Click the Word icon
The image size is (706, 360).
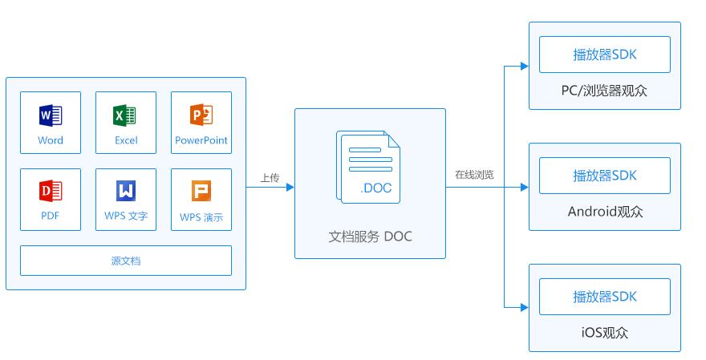tap(51, 116)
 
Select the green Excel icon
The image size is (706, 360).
tap(125, 116)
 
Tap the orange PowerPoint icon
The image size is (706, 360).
tap(201, 116)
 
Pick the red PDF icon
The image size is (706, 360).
tap(51, 192)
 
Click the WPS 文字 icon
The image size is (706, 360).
tap(126, 192)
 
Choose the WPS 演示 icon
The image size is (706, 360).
tap(201, 192)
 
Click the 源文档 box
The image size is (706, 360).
tap(126, 261)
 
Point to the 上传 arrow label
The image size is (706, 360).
tap(270, 178)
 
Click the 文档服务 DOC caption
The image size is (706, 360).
tap(370, 237)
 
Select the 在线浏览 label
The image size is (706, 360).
tap(474, 175)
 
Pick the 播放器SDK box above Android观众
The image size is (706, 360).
tap(604, 175)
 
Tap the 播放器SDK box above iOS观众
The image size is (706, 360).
tap(604, 296)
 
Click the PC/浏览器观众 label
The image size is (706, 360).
tap(604, 91)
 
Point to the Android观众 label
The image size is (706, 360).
tap(605, 212)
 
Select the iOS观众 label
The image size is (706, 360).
tap(604, 333)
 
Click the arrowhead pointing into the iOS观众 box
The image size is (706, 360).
tap(524, 307)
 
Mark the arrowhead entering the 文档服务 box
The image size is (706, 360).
tap(290, 188)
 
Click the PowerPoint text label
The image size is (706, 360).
tap(201, 140)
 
